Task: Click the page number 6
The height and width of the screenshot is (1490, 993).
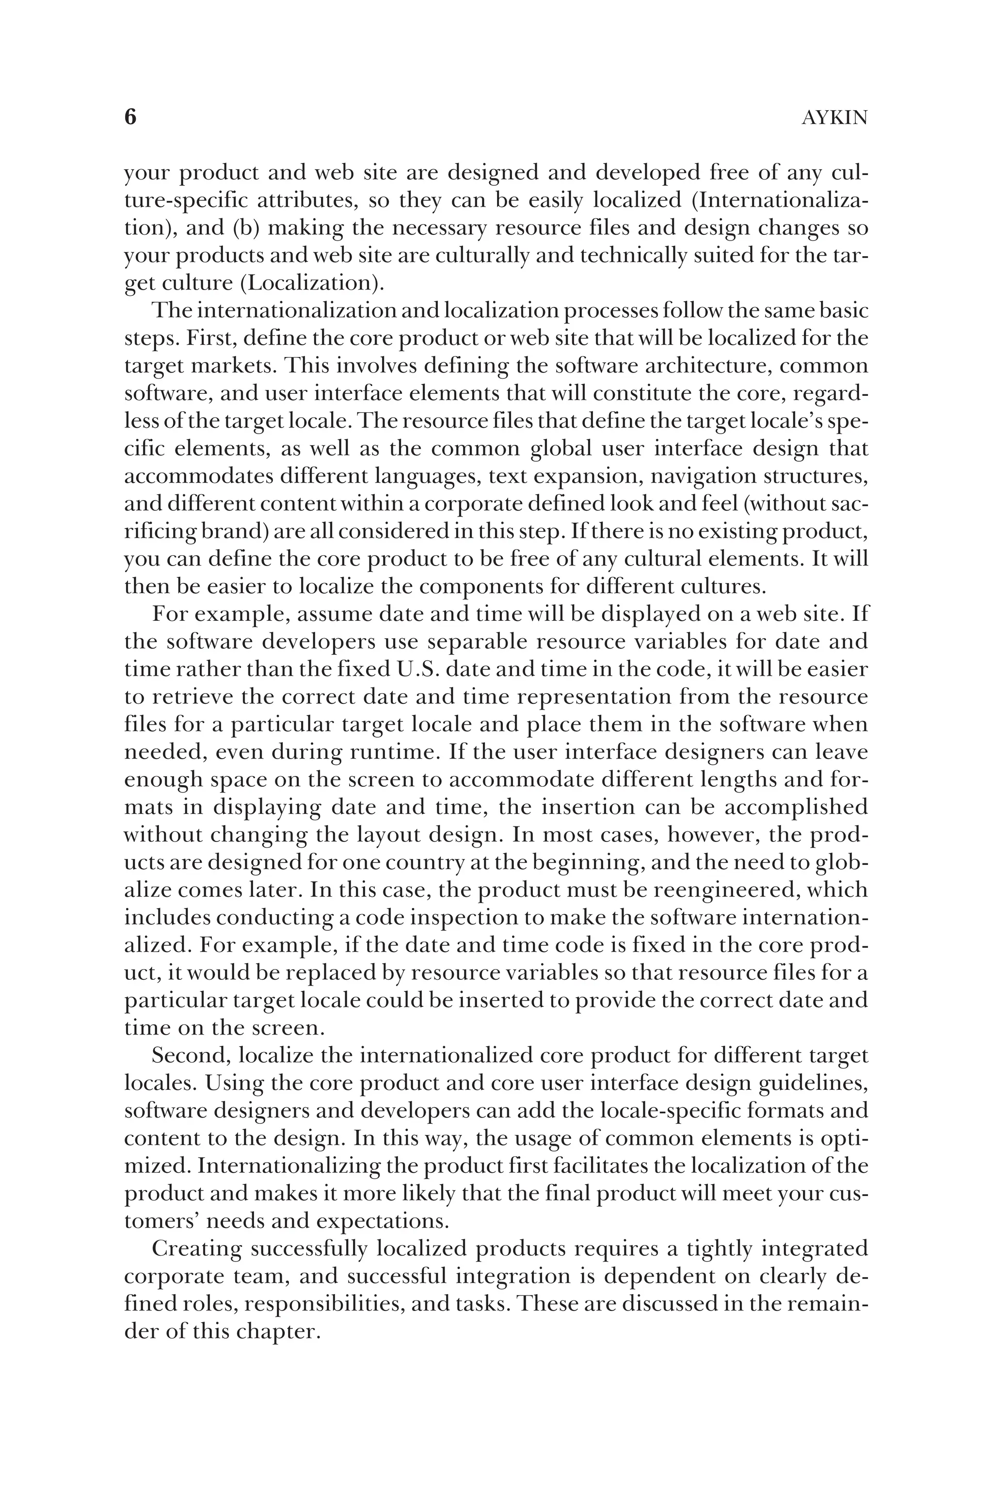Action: point(130,117)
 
